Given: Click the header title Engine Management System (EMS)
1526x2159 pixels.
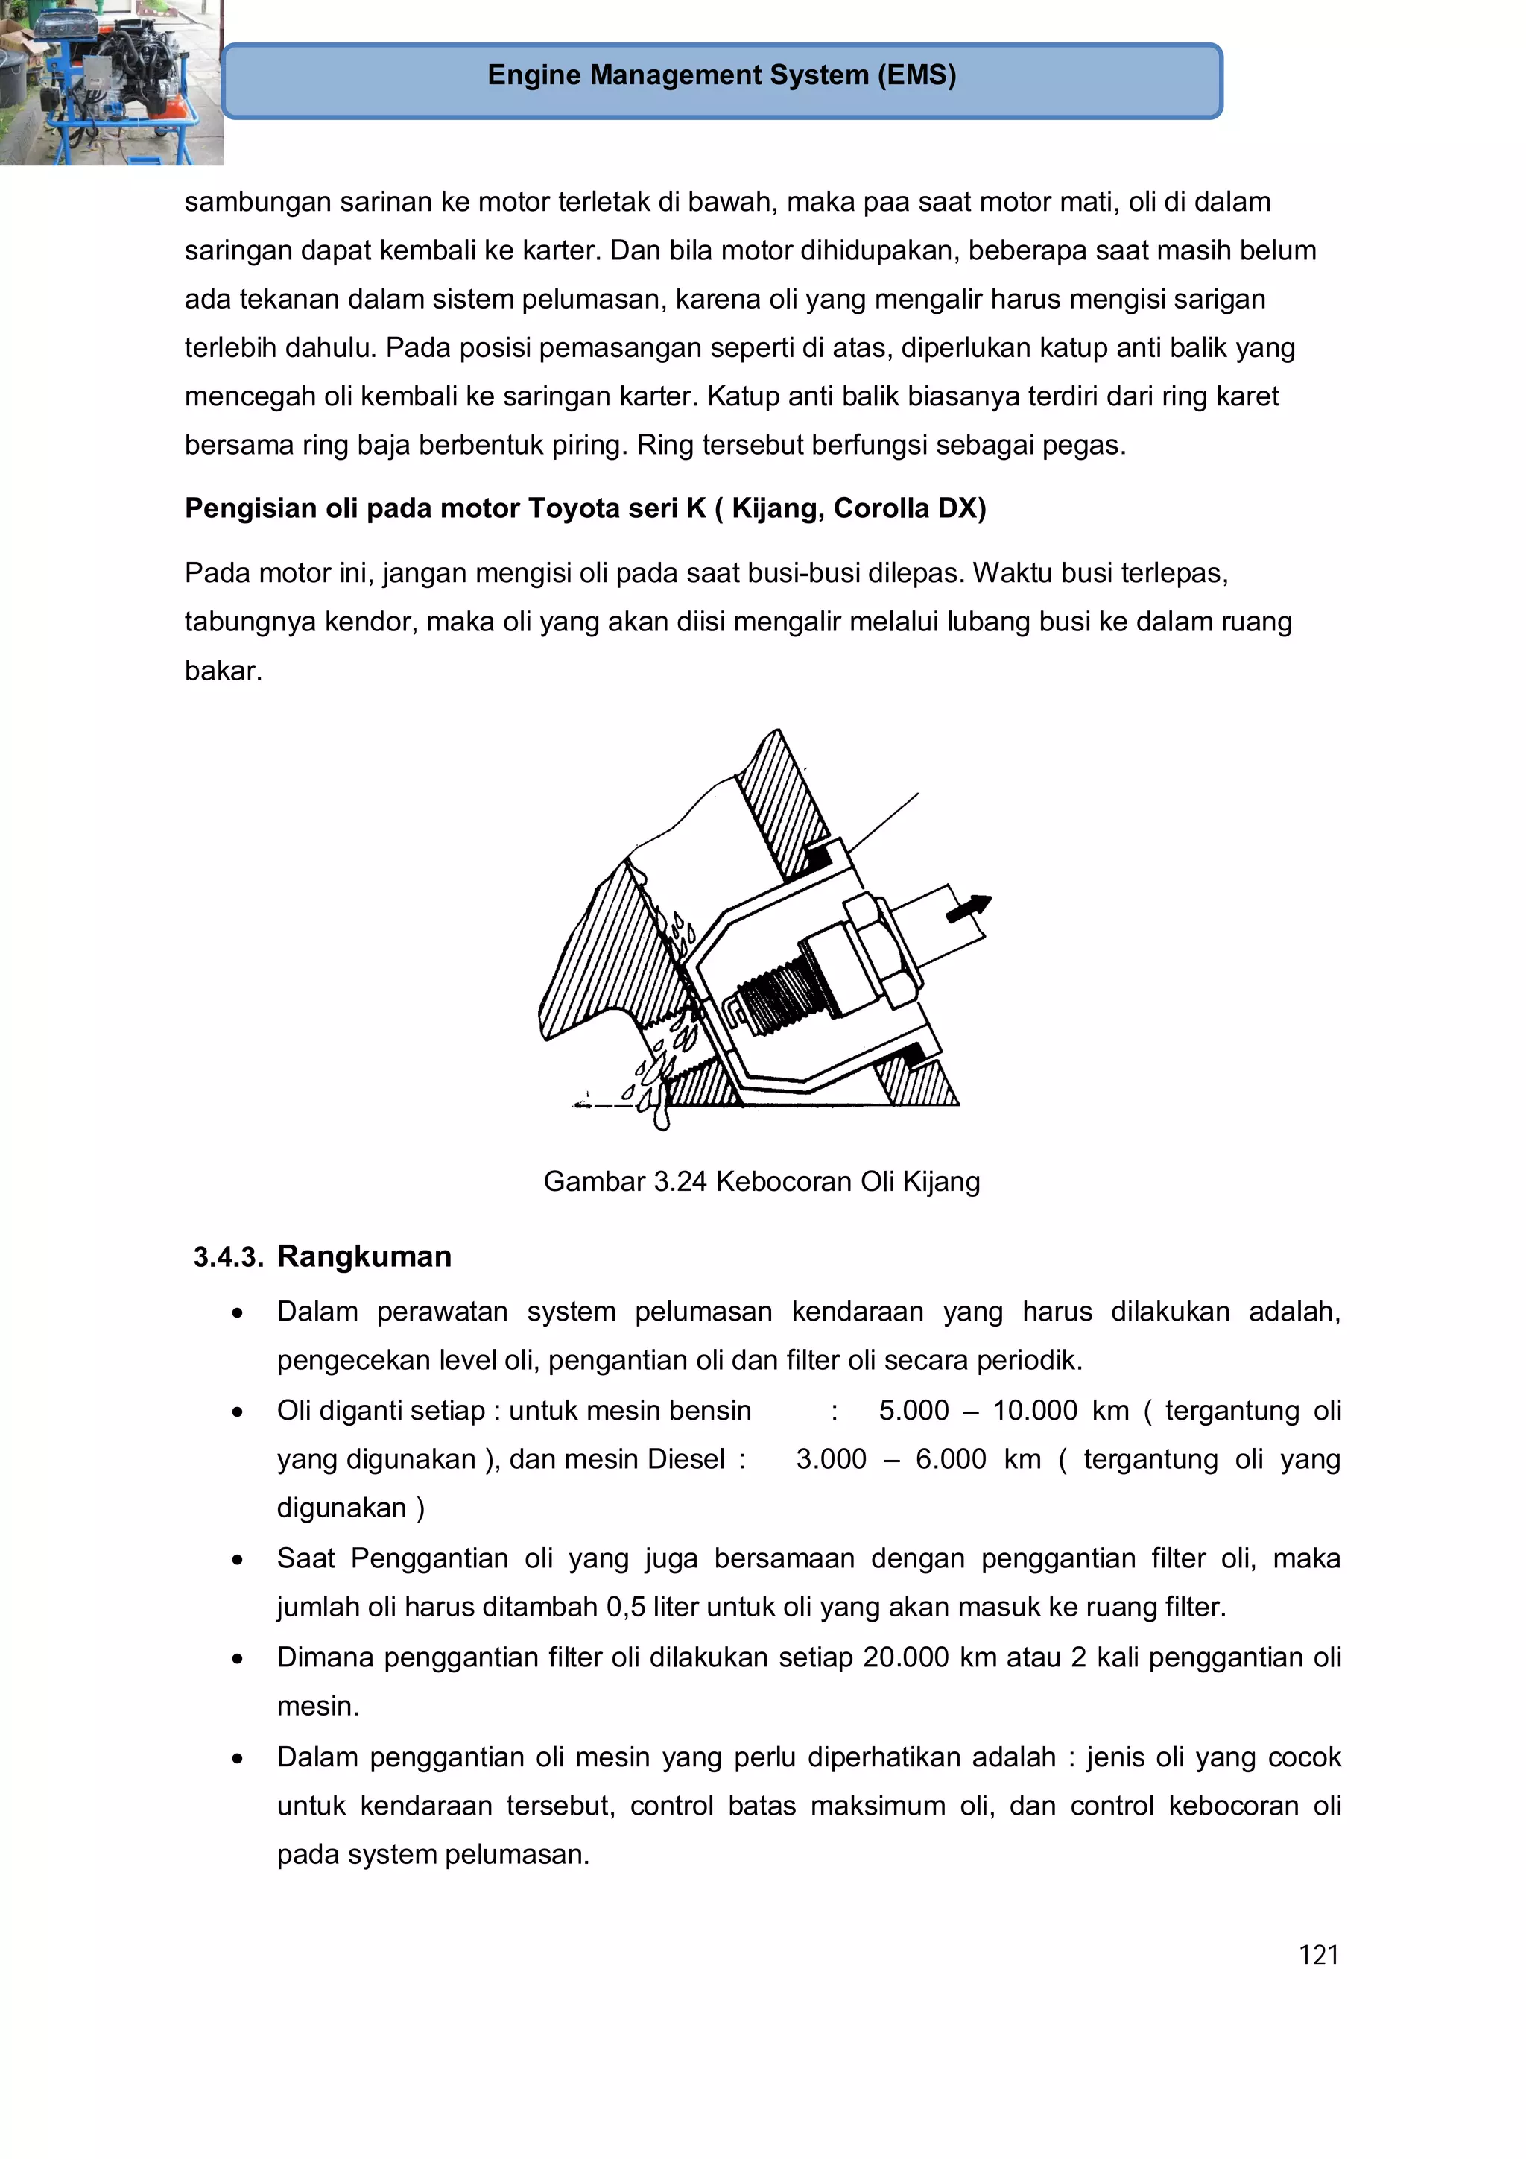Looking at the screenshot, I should pyautogui.click(x=721, y=75).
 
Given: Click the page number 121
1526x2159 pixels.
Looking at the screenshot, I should pyautogui.click(x=1318, y=1955).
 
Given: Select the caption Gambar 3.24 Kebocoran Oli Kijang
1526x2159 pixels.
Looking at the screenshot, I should pyautogui.click(x=761, y=1181).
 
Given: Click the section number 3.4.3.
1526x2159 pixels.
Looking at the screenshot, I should pyautogui.click(x=227, y=1257).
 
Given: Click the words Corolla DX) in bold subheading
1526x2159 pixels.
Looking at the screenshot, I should pyautogui.click(x=909, y=509).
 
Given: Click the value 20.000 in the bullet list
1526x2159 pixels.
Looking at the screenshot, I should pyautogui.click(x=905, y=1657).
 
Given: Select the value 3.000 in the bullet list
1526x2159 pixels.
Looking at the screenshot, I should pyautogui.click(x=831, y=1459).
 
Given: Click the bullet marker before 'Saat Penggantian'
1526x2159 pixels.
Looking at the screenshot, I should pyautogui.click(x=238, y=1560).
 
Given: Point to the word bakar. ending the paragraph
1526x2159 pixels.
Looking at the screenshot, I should pyautogui.click(x=223, y=671).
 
